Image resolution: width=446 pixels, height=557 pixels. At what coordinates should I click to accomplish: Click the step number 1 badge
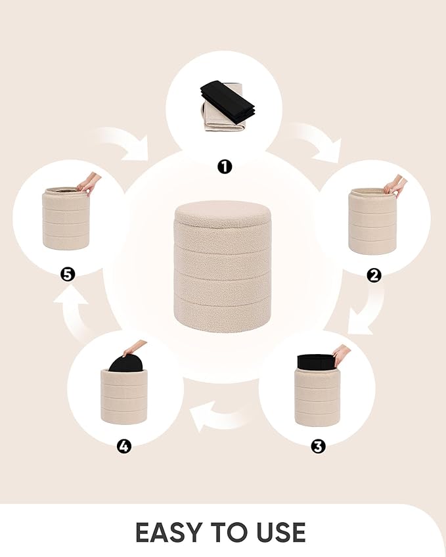tap(225, 166)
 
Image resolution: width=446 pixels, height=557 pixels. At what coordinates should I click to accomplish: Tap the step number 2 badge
tap(374, 275)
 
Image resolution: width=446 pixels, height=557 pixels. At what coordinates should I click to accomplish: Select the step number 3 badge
tap(318, 446)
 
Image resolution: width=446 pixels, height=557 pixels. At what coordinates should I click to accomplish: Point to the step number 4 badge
tap(123, 446)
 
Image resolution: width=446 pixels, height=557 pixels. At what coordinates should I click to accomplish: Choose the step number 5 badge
tap(68, 275)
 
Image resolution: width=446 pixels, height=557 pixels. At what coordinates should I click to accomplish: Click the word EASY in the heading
tap(168, 533)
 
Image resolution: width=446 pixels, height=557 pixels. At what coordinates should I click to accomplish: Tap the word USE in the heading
tap(279, 533)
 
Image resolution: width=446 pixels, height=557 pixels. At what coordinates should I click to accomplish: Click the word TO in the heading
tap(227, 533)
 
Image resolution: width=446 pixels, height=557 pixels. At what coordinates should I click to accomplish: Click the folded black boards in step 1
tap(228, 97)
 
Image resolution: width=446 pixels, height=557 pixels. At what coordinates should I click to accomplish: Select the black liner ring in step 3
tap(316, 361)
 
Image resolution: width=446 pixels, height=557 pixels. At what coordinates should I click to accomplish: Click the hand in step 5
tap(89, 183)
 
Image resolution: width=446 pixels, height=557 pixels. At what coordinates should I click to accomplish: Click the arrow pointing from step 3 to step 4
tap(220, 416)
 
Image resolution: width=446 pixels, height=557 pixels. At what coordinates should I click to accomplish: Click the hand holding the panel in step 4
tap(134, 347)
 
